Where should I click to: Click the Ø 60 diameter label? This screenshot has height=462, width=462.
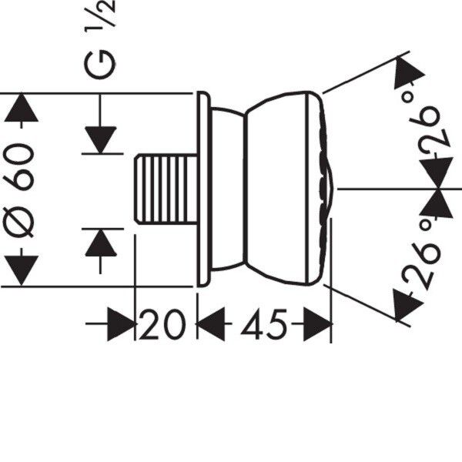(x=19, y=190)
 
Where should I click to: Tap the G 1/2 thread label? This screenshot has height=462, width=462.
(x=99, y=39)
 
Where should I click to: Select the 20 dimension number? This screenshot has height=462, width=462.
(x=162, y=324)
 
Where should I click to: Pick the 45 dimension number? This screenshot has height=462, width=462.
(x=263, y=324)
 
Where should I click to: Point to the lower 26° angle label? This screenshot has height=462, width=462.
(x=422, y=256)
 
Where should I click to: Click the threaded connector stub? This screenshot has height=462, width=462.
(x=166, y=189)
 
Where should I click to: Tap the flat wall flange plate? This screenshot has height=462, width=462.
(x=203, y=189)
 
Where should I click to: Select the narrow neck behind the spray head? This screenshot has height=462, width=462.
(x=228, y=189)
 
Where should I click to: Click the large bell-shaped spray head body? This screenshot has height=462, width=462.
(x=277, y=189)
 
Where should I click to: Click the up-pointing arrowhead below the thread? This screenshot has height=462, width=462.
(x=101, y=243)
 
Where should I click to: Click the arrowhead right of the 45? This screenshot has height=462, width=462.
(x=317, y=324)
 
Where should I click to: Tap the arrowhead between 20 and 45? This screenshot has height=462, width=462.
(x=210, y=324)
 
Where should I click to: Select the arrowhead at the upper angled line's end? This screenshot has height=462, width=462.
(x=407, y=72)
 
